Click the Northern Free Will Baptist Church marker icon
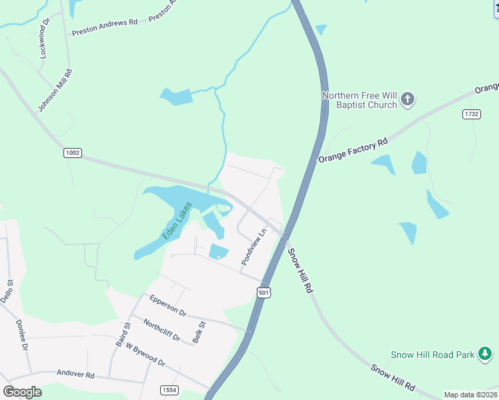[408, 101]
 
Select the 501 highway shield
[264, 293]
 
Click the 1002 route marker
[73, 153]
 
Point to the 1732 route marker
[471, 115]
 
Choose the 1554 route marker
[169, 390]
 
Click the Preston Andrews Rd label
[104, 27]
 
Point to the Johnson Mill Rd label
[55, 90]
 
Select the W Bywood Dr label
[144, 355]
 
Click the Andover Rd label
[75, 374]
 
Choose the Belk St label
[199, 332]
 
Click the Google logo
[22, 391]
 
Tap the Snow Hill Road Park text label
[432, 355]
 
